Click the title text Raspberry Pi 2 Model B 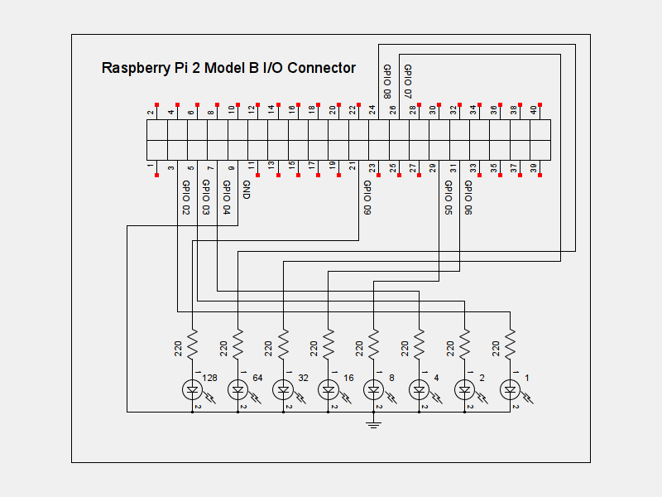[x=228, y=68]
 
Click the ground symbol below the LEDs [x=374, y=424]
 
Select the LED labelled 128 [x=193, y=388]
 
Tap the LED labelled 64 [x=238, y=388]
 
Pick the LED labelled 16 [x=329, y=388]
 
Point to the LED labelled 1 [x=510, y=388]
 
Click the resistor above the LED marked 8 [x=374, y=342]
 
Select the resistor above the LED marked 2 [x=464, y=342]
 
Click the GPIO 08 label [x=387, y=80]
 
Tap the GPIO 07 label [x=408, y=80]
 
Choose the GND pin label [x=246, y=191]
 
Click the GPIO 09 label [x=367, y=198]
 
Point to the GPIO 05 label [x=448, y=198]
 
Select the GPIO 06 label [x=468, y=198]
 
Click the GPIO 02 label [x=185, y=198]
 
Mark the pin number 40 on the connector [x=534, y=109]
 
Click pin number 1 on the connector [x=151, y=167]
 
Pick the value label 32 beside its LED [x=303, y=378]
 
